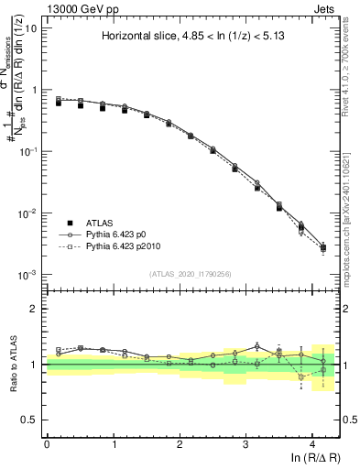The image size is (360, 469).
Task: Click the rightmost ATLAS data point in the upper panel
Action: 322,247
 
